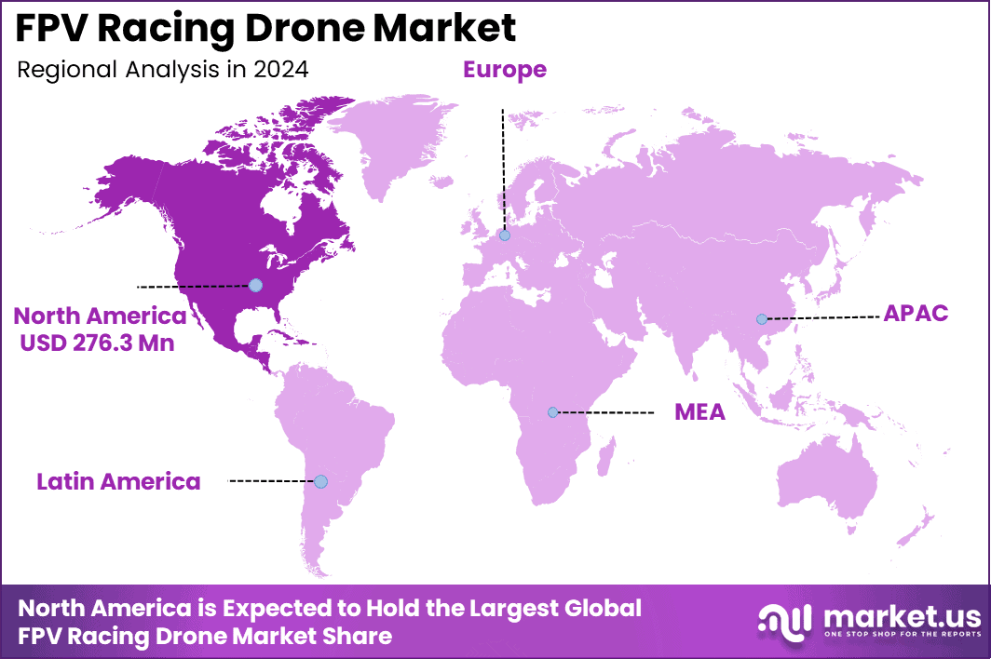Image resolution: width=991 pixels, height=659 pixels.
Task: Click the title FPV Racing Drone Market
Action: click(265, 29)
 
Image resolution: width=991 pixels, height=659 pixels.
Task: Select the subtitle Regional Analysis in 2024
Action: click(163, 70)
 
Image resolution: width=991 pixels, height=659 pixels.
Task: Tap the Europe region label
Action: click(504, 70)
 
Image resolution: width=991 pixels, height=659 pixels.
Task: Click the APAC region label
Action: click(916, 314)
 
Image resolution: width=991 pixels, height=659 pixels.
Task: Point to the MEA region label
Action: click(699, 412)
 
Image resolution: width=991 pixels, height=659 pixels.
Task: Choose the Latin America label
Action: click(118, 481)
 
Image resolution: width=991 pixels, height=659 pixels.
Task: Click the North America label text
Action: click(100, 316)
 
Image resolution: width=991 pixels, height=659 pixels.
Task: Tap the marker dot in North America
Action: click(255, 285)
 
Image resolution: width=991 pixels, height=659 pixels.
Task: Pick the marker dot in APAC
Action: click(761, 319)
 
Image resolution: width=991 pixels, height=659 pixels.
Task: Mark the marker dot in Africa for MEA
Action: click(552, 411)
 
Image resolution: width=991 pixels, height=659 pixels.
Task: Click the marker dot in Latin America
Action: click(320, 481)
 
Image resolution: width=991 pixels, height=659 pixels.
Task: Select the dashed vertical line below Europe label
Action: click(503, 168)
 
